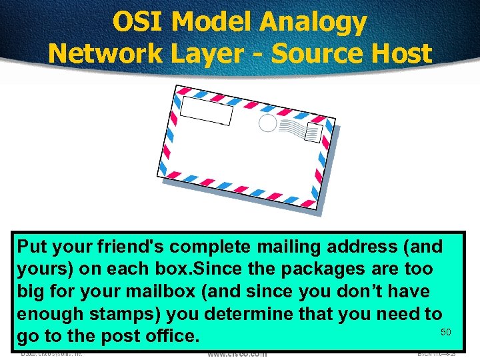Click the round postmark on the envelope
click(267, 123)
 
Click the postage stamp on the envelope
click(313, 133)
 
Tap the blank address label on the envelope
click(207, 111)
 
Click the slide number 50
click(446, 332)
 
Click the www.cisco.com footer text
click(237, 354)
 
